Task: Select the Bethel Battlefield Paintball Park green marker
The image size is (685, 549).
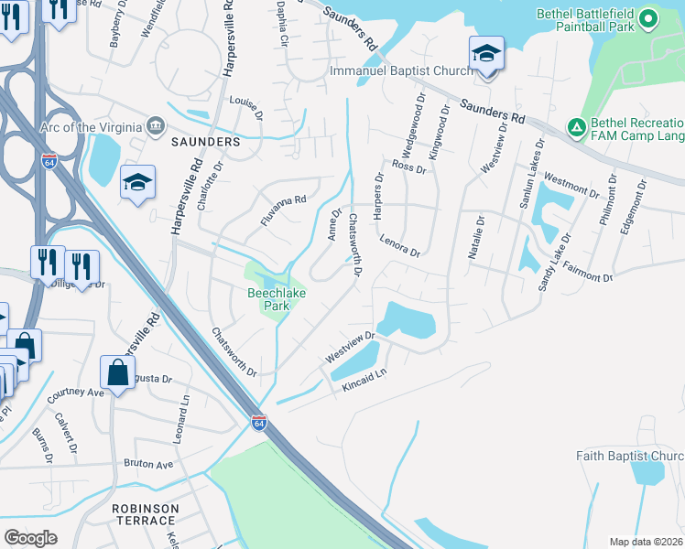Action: tap(648, 18)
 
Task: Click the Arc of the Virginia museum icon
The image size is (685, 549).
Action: tap(156, 125)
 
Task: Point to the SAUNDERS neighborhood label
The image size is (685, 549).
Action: tap(205, 143)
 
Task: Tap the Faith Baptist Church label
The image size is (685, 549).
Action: tap(630, 456)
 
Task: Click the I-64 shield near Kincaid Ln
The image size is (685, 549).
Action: tap(259, 423)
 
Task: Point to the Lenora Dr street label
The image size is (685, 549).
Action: tap(400, 249)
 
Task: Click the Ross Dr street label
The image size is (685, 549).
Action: tap(408, 167)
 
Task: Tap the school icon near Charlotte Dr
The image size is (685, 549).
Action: tap(137, 182)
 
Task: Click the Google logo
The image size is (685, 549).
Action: tap(30, 538)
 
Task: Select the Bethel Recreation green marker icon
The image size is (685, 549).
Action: tap(577, 126)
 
